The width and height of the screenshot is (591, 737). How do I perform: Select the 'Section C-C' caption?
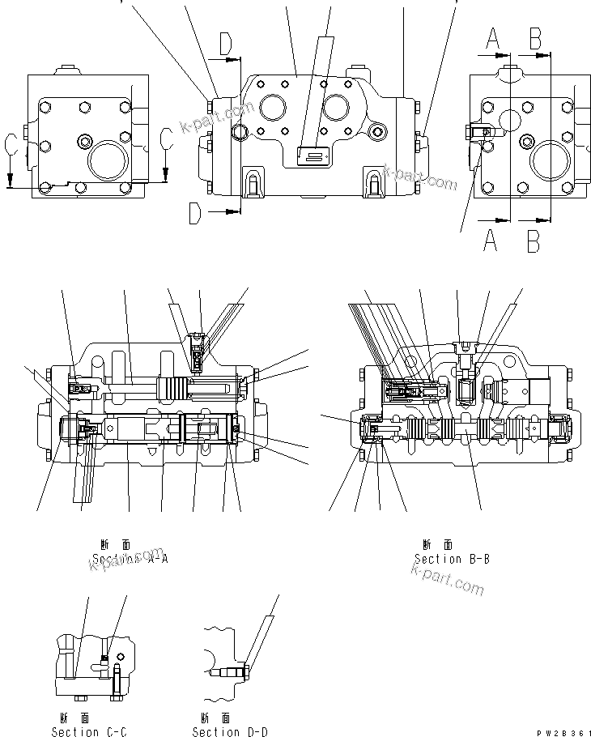88,732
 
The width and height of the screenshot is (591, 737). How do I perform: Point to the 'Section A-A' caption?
130,559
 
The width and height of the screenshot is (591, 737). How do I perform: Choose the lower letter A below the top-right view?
490,241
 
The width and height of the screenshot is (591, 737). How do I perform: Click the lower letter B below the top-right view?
534,241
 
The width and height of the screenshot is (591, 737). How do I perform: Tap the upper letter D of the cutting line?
226,45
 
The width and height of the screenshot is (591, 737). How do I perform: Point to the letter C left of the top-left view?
11,145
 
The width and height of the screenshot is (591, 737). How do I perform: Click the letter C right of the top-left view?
167,138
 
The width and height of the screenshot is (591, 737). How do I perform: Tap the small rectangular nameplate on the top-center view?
312,155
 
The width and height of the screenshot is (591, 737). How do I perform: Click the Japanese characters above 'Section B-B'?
438,545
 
